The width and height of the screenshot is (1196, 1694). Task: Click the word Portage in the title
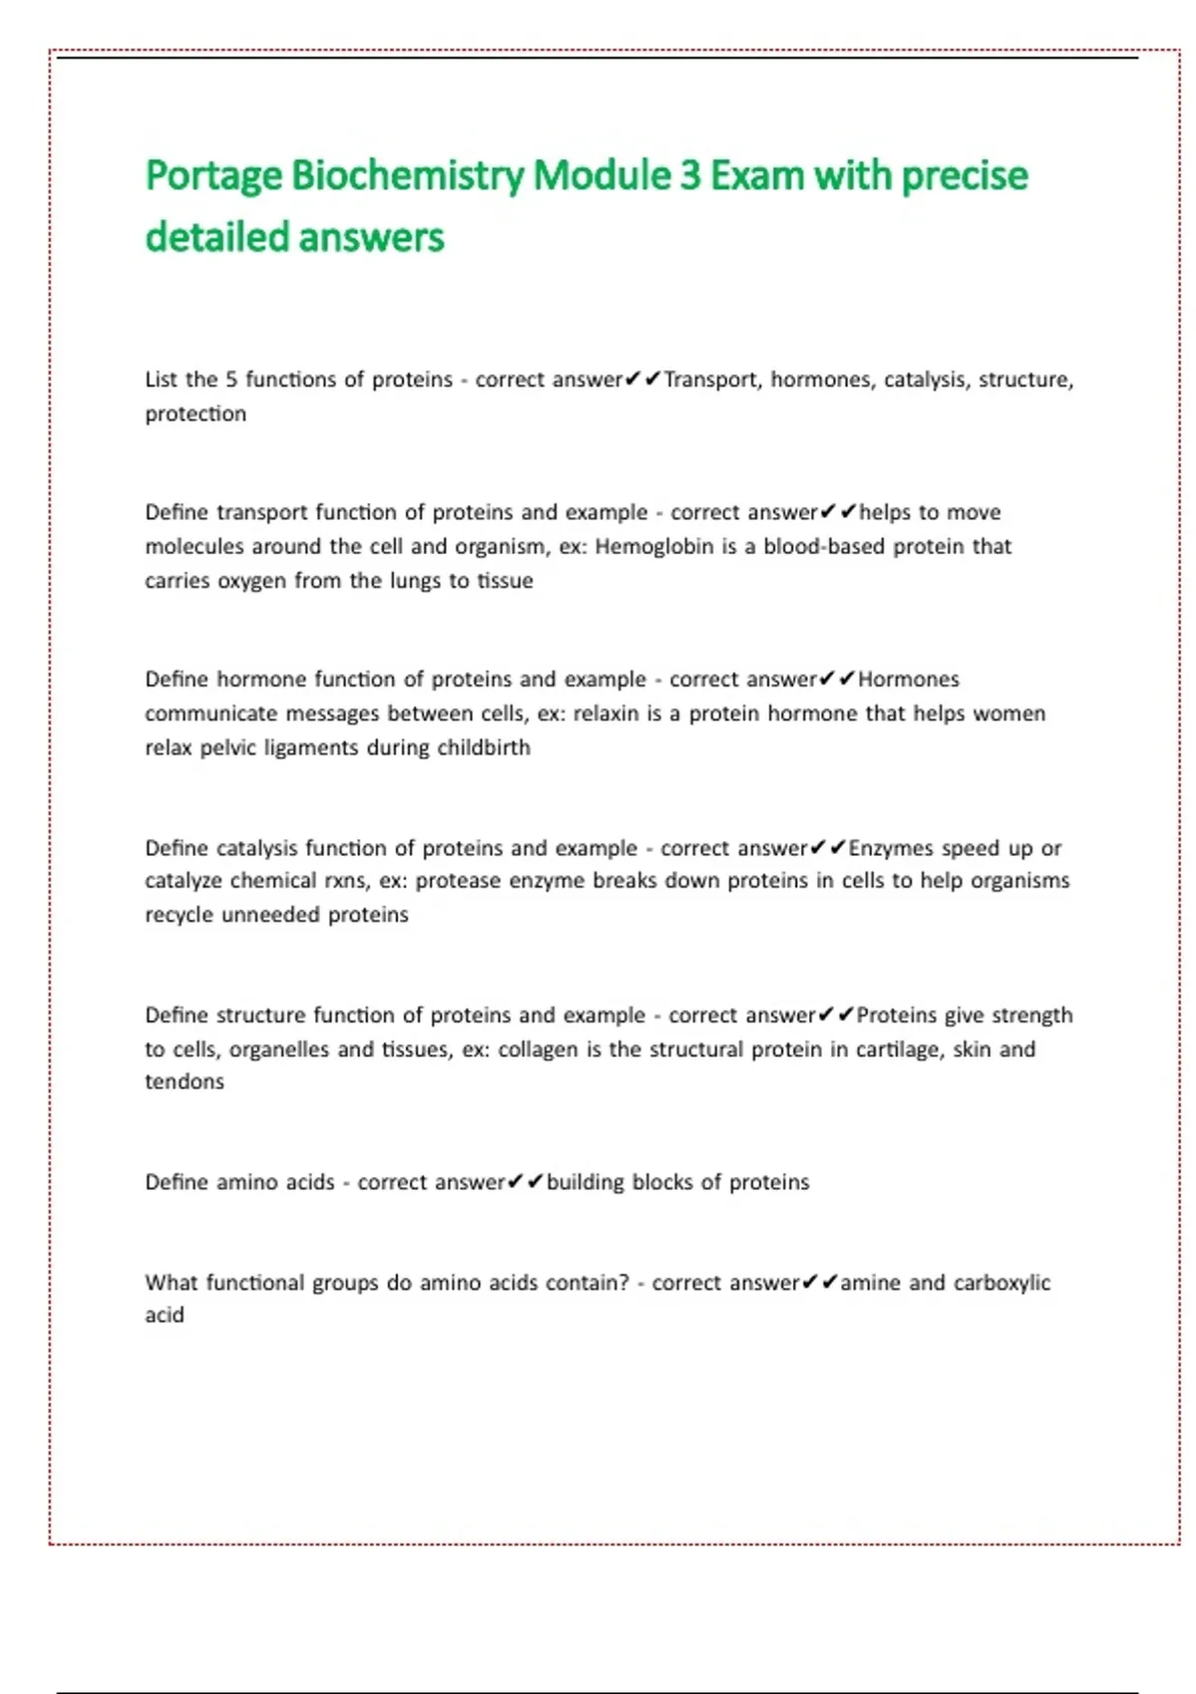tap(214, 176)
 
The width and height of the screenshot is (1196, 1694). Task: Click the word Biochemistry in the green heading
tap(408, 176)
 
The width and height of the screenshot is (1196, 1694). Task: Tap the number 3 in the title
tap(690, 176)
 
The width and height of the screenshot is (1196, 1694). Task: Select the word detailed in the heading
tap(216, 238)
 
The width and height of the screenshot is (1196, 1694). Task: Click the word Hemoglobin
tap(654, 546)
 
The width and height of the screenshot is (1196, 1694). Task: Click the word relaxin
tap(605, 713)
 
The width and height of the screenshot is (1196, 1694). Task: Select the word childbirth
tap(483, 747)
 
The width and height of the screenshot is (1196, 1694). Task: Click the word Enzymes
tap(890, 848)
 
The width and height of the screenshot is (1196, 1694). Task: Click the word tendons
tap(184, 1082)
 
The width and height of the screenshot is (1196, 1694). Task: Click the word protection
tap(195, 414)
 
